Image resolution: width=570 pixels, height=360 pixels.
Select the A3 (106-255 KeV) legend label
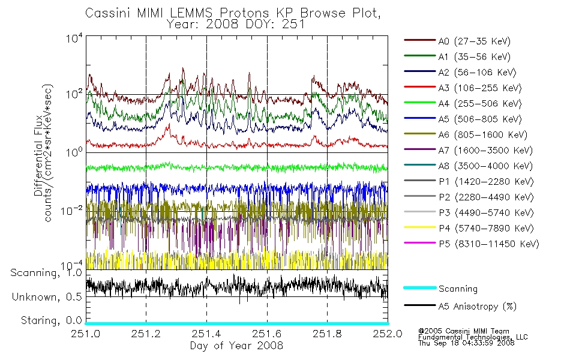pos(480,88)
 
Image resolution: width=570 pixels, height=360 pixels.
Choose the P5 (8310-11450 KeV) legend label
pos(488,244)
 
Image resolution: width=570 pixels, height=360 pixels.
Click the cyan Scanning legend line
pos(420,287)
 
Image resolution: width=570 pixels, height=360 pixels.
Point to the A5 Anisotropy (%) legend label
pos(478,307)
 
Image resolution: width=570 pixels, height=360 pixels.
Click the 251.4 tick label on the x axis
pos(206,334)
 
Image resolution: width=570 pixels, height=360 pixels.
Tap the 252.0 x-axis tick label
pos(388,334)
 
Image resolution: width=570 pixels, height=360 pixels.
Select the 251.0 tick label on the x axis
pos(85,334)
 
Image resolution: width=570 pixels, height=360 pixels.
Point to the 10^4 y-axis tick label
pos(74,38)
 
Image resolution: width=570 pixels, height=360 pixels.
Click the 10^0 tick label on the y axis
pos(74,152)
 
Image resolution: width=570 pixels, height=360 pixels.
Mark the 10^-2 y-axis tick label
pos(71,211)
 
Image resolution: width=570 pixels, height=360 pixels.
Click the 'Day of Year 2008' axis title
pos(236,346)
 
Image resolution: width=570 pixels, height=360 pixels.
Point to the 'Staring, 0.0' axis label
pos(51,321)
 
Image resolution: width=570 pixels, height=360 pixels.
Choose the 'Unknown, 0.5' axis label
pos(47,297)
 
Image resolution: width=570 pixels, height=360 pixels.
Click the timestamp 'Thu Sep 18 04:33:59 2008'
pos(466,343)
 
